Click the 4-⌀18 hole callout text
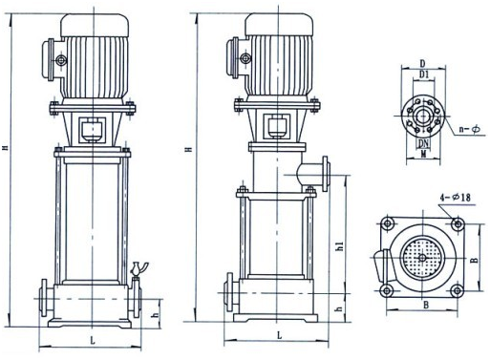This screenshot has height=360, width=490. click(455, 198)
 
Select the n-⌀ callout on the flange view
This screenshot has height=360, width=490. click(470, 129)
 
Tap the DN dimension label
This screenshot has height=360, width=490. click(423, 143)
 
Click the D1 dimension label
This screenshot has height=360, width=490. click(424, 74)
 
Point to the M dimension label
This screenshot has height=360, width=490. click(423, 155)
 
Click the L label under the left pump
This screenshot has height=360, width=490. click(93, 341)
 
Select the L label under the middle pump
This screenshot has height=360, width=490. click(280, 335)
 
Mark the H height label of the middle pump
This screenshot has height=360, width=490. click(190, 149)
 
